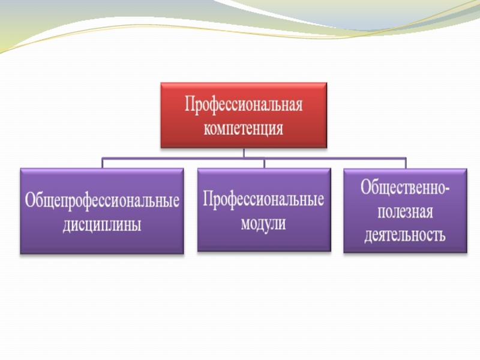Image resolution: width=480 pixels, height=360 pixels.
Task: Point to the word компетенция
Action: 244,128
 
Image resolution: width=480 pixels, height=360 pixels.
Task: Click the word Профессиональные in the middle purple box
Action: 264,199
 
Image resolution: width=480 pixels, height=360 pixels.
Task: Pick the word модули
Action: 264,224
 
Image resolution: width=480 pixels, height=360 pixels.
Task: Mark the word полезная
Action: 405,212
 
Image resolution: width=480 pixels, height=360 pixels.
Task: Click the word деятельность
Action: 405,234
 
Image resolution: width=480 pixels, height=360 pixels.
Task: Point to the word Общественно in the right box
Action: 401,188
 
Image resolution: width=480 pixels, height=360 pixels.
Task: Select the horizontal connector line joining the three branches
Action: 180,158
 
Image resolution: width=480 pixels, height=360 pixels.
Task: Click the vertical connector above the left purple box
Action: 103,163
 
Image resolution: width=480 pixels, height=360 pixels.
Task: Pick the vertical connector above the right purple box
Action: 405,163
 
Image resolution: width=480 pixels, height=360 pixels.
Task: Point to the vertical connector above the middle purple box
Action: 264,163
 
